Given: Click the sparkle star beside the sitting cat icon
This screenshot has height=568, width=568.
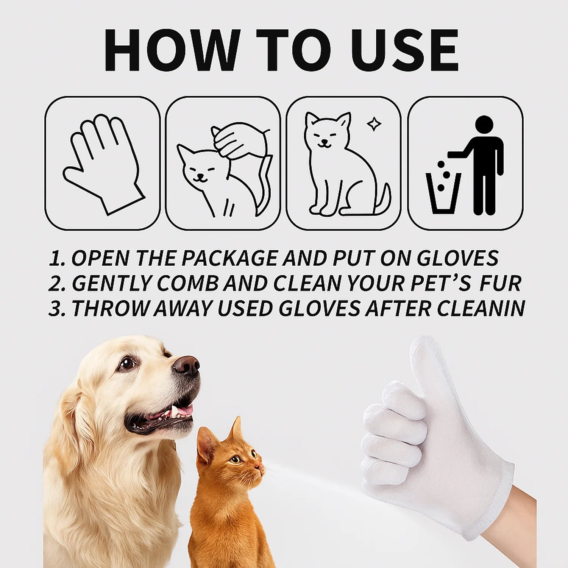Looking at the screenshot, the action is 374,124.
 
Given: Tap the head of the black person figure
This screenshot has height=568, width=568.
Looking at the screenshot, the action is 484,125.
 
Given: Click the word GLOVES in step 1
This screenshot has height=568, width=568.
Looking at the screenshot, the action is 457,258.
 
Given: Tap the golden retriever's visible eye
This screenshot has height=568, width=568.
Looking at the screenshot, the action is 127,364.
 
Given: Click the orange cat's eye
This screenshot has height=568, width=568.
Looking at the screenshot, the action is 236,460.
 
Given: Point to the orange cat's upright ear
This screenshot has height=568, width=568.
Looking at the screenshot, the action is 236,430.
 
